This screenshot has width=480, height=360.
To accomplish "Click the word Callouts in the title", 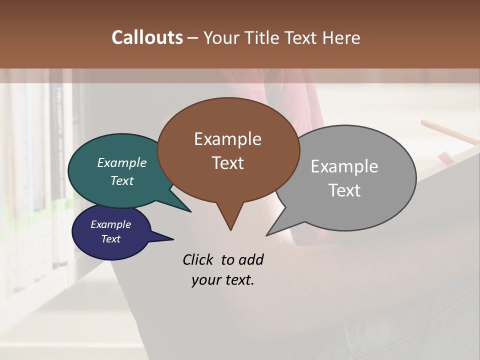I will [147, 37].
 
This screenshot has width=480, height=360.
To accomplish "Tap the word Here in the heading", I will [341, 37].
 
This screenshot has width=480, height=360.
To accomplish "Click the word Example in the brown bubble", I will [227, 139].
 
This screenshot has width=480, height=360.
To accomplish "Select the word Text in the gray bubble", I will [344, 190].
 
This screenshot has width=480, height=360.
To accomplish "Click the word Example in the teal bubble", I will [121, 163].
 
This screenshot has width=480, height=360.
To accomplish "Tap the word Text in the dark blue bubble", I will [110, 239].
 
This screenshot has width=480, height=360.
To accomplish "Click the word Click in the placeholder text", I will [198, 259].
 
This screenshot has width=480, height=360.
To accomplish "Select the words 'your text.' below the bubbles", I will [223, 280].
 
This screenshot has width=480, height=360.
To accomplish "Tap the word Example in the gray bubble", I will [344, 166].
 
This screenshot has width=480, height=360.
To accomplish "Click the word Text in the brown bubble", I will [228, 163].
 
